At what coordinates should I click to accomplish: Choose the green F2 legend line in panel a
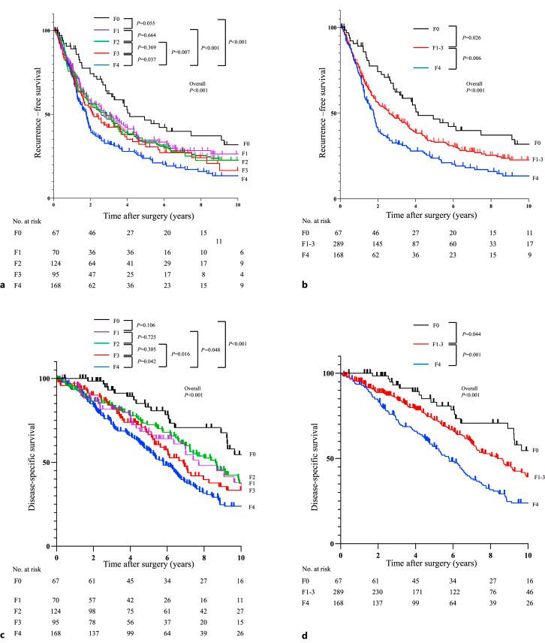pos(103,41)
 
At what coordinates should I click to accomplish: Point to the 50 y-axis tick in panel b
pos(332,113)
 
